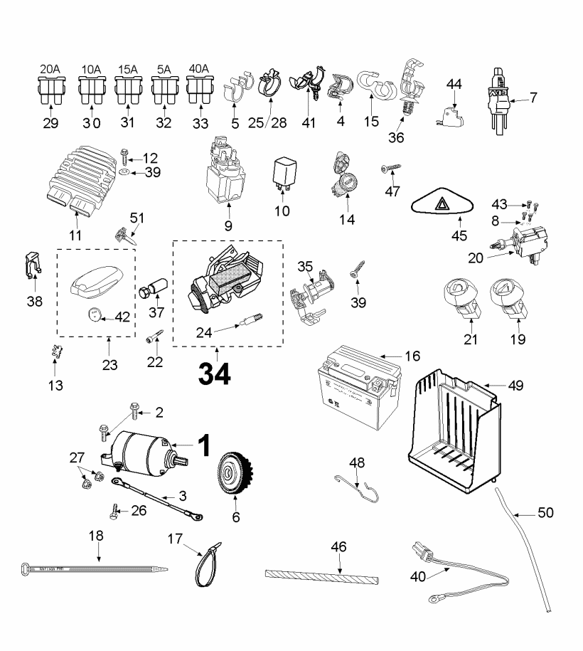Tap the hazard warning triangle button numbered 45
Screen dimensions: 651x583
click(x=442, y=204)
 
